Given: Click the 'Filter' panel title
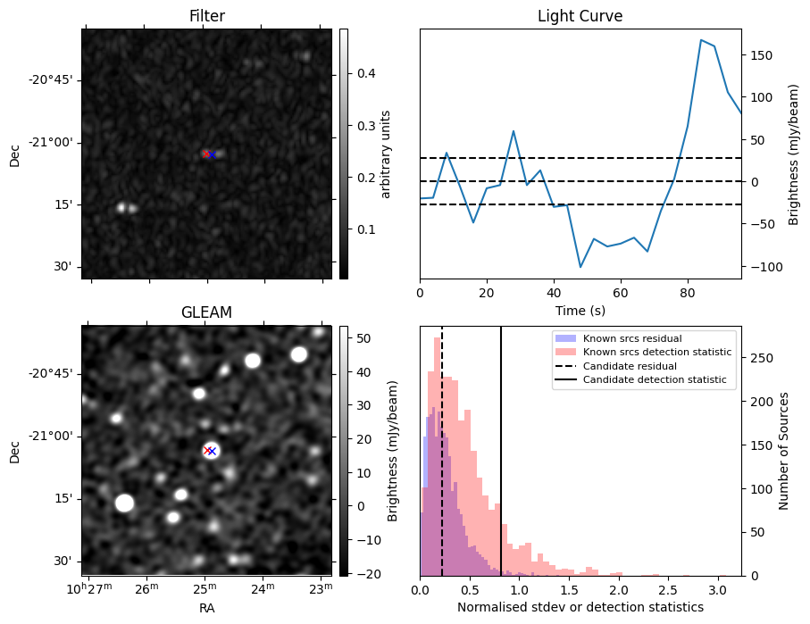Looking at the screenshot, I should click(x=206, y=16).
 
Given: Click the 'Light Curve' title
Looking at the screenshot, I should click(x=580, y=16).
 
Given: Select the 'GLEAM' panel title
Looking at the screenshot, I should click(x=206, y=312).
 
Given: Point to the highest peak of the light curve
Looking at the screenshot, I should click(x=701, y=40).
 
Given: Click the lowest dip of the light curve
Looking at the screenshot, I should click(x=580, y=267).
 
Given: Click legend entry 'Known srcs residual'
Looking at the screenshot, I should click(x=631, y=339).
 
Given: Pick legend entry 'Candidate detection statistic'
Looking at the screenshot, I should click(x=656, y=380).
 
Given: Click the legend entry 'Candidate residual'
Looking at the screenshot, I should click(x=631, y=367).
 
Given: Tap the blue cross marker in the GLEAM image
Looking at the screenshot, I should click(x=212, y=451).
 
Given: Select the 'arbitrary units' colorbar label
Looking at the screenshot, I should click(x=386, y=154).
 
